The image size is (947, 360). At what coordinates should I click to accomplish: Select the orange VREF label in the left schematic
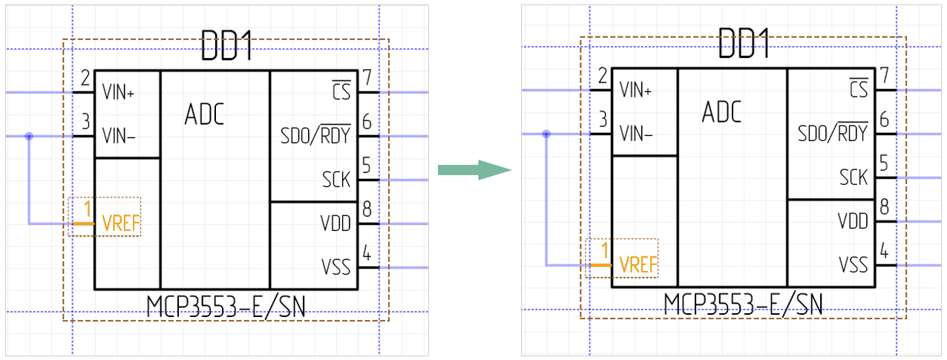121,223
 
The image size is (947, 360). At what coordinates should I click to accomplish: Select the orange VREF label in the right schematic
638,265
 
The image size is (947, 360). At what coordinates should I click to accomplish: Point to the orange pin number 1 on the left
87,209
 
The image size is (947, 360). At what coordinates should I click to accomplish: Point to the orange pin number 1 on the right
604,250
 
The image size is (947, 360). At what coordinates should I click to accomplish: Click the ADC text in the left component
204,115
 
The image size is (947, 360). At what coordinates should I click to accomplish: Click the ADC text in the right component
721,113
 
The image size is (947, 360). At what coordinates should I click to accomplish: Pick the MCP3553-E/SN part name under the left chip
226,305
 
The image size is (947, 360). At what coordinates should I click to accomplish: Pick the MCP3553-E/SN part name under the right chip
744,303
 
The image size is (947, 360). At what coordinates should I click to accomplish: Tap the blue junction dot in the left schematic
29,137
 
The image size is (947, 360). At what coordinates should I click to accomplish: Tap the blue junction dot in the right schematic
546,134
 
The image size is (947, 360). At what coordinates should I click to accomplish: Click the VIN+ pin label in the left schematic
118,94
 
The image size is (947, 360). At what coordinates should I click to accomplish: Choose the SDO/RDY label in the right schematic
833,134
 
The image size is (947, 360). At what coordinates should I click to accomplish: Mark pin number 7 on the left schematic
367,77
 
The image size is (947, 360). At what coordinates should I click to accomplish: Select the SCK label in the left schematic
336,180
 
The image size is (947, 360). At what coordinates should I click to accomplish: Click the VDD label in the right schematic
853,221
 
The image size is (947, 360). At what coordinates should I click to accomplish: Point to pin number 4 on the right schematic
884,251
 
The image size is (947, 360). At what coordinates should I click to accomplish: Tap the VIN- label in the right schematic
636,134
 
